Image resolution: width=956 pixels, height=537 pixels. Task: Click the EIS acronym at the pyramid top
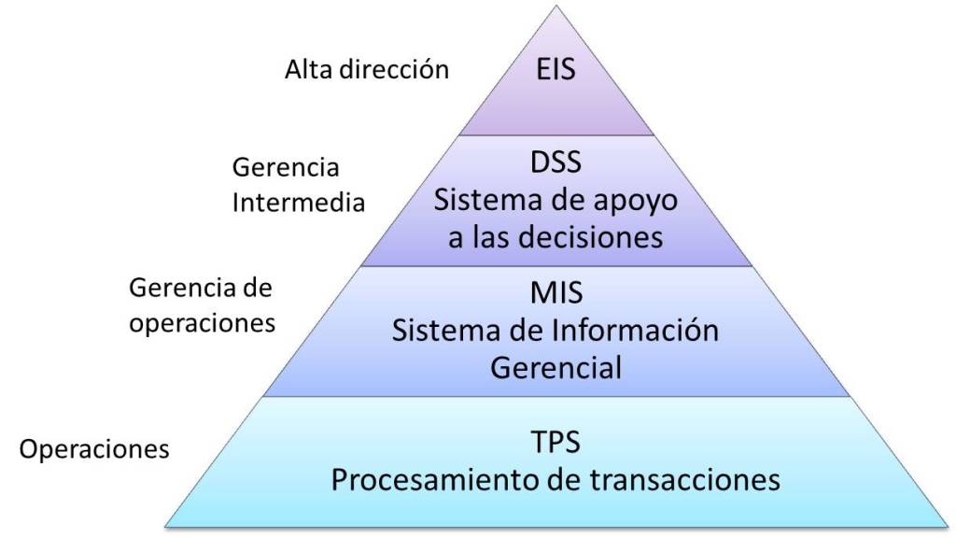pyautogui.click(x=555, y=71)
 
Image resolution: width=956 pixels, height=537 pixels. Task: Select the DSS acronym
pyautogui.click(x=555, y=163)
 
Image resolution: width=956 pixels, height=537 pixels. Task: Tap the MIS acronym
pyautogui.click(x=555, y=293)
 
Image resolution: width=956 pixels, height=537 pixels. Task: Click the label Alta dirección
pyautogui.click(x=367, y=70)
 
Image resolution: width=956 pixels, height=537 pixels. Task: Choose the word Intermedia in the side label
pyautogui.click(x=298, y=203)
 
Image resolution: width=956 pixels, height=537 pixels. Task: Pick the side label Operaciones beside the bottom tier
pyautogui.click(x=94, y=449)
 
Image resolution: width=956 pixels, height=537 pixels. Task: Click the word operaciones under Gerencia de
pyautogui.click(x=203, y=323)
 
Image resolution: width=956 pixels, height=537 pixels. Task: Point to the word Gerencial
pyautogui.click(x=555, y=368)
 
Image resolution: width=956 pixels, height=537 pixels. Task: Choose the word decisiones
pyautogui.click(x=593, y=237)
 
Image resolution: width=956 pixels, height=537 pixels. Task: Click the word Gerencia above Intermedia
pyautogui.click(x=285, y=169)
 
